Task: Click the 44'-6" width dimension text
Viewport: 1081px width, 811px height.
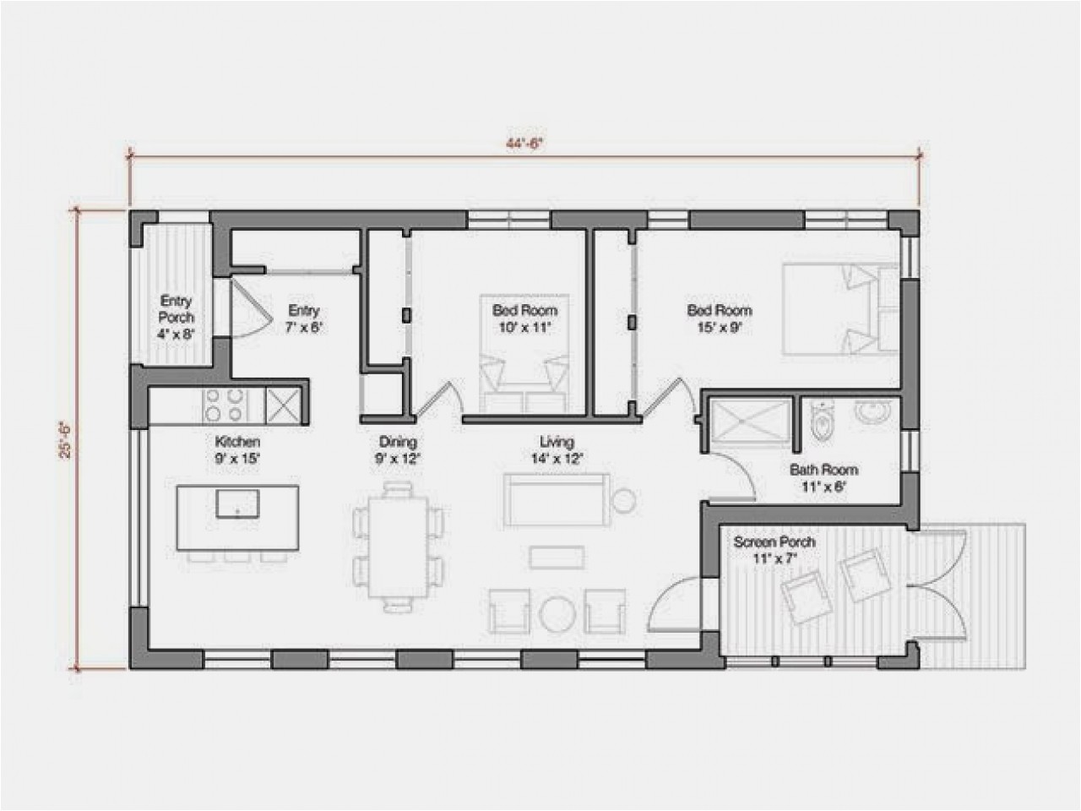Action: (524, 144)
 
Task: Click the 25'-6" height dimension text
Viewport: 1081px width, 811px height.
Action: (66, 439)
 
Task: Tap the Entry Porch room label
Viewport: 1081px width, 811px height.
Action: (176, 317)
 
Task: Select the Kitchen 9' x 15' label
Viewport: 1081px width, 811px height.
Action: (237, 450)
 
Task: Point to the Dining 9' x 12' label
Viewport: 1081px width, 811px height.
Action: (398, 450)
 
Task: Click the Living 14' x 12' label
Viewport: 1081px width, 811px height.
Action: (557, 450)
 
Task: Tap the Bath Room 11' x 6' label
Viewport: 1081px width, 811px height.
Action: (823, 478)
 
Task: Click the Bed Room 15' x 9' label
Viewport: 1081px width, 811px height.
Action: (719, 319)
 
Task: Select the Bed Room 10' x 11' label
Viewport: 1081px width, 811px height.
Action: (524, 319)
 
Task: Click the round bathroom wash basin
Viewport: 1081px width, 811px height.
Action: (872, 412)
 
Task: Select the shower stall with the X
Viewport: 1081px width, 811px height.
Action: (750, 420)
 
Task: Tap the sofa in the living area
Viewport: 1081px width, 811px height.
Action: (555, 499)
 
